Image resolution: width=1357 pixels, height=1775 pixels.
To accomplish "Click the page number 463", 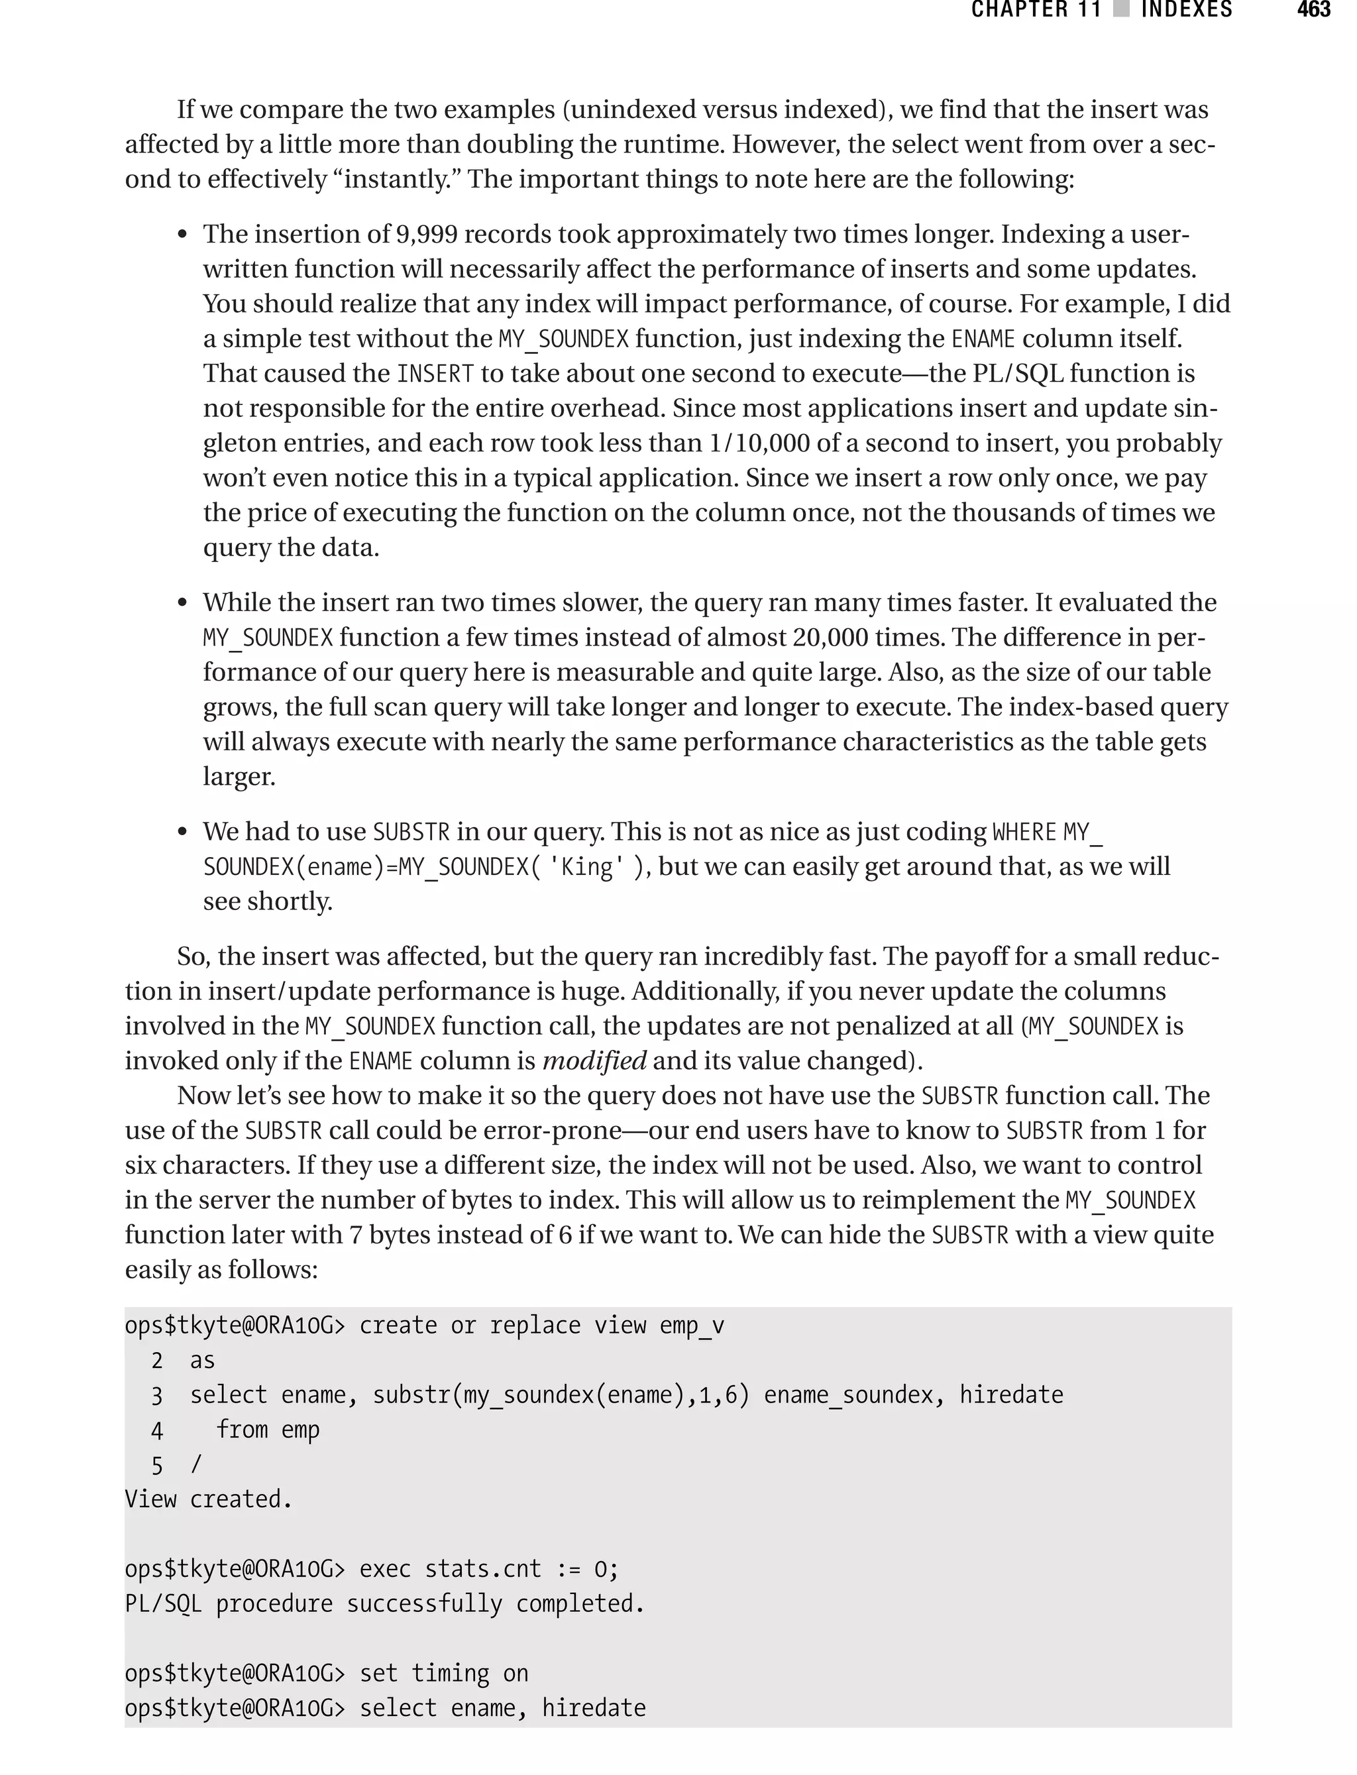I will click(1313, 10).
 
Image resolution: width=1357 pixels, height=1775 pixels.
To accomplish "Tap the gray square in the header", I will click(1121, 10).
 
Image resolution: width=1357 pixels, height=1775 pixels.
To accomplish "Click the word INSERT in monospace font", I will click(435, 374).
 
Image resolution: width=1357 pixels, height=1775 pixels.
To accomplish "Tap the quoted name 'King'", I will click(586, 867).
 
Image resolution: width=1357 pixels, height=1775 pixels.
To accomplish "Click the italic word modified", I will click(594, 1060).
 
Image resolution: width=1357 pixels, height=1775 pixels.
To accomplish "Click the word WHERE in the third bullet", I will click(1024, 832).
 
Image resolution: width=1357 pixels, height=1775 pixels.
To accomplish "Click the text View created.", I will click(209, 1499).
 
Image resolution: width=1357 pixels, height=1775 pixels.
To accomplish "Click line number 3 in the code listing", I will click(156, 1396).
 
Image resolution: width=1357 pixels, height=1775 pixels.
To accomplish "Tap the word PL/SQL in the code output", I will click(163, 1604).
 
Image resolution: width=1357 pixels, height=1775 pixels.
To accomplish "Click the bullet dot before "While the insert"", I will click(183, 604).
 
